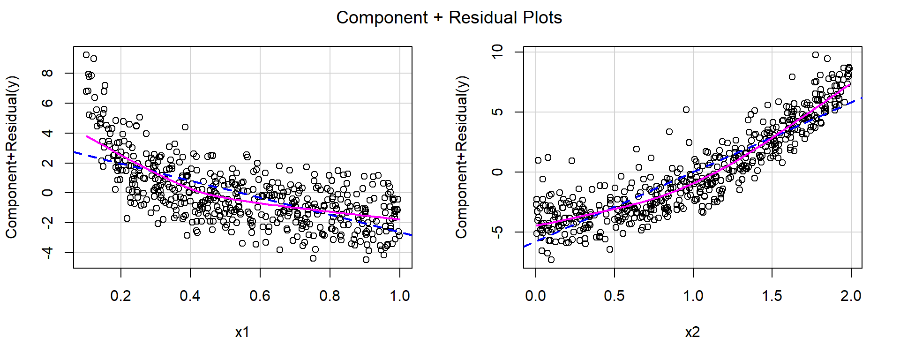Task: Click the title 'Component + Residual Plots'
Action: click(x=449, y=18)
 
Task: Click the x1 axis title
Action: click(x=242, y=332)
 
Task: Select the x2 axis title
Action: click(x=692, y=332)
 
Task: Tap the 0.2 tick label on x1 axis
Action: click(x=120, y=296)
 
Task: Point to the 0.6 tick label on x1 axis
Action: click(x=260, y=296)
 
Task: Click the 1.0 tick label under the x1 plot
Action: click(x=399, y=296)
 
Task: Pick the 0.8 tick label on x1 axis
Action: click(x=330, y=296)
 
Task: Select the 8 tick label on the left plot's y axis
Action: click(x=47, y=73)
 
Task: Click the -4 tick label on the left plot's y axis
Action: click(x=47, y=253)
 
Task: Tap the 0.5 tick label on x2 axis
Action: click(x=614, y=296)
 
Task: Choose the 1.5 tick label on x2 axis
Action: click(x=772, y=296)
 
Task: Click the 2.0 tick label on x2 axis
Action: click(x=850, y=296)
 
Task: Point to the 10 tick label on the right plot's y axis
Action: click(x=497, y=52)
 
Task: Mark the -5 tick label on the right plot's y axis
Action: click(x=497, y=232)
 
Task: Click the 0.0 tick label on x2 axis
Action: click(x=535, y=296)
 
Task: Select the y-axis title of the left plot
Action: click(x=11, y=157)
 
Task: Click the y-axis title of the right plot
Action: click(x=461, y=157)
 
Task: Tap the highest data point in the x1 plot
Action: click(x=86, y=55)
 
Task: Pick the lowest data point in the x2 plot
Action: click(x=551, y=260)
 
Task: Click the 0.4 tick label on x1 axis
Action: click(x=190, y=296)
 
